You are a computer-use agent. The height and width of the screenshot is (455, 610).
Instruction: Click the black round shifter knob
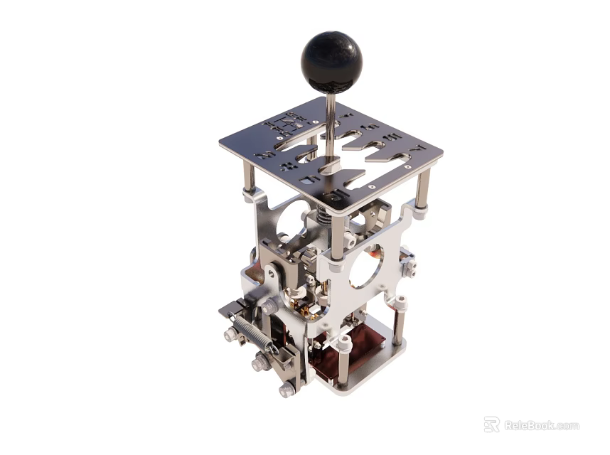coord(331,62)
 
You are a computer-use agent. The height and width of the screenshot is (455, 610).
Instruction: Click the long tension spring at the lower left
coord(253,333)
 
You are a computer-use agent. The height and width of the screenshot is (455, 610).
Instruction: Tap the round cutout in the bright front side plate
coord(365,267)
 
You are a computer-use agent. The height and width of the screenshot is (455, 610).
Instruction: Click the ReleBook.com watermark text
coord(542,426)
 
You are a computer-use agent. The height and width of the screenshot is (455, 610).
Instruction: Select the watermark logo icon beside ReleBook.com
coord(491,424)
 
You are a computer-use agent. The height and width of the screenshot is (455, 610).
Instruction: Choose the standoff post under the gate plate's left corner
coord(249,178)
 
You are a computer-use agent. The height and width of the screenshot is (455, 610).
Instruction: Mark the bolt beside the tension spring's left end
coord(231,334)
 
